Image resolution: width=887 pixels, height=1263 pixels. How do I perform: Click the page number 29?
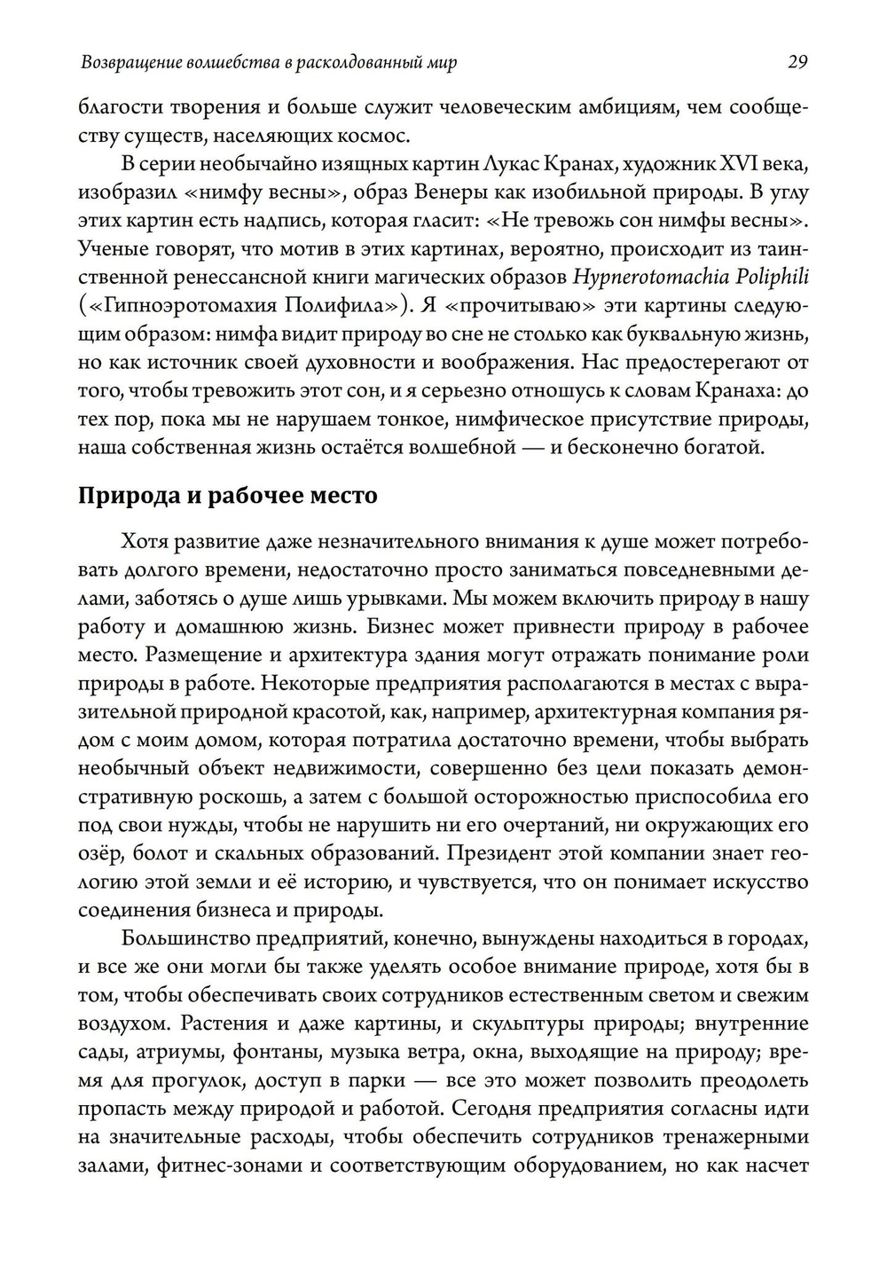797,62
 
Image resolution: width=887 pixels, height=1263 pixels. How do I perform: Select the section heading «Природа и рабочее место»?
228,495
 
